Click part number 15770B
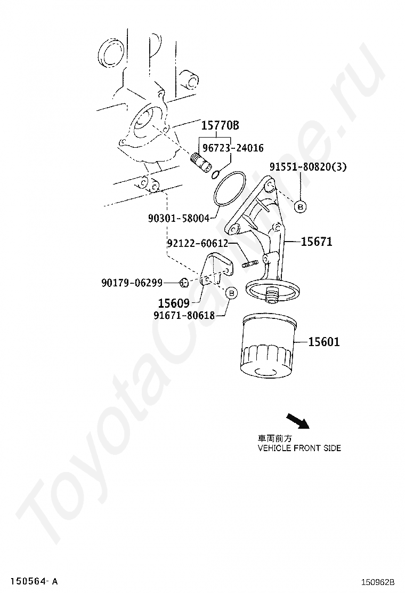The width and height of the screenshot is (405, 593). point(220,126)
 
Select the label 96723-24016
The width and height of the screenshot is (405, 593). point(232,148)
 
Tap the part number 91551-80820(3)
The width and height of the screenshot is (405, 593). point(307,166)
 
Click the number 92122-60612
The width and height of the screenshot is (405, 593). point(197,243)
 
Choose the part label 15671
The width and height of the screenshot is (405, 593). point(316,242)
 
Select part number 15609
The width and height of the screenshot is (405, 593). point(174,303)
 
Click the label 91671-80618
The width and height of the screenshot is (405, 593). point(184,315)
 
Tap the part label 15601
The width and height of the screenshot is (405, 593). point(323,341)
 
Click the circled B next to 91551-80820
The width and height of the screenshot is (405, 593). point(300,206)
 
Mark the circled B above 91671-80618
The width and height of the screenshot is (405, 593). point(231,293)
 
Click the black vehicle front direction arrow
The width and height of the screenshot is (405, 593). point(297,421)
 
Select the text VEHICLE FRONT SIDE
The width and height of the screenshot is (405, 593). point(299,448)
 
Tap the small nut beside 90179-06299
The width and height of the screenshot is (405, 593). point(183,282)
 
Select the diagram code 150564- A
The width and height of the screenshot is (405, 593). point(33,580)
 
